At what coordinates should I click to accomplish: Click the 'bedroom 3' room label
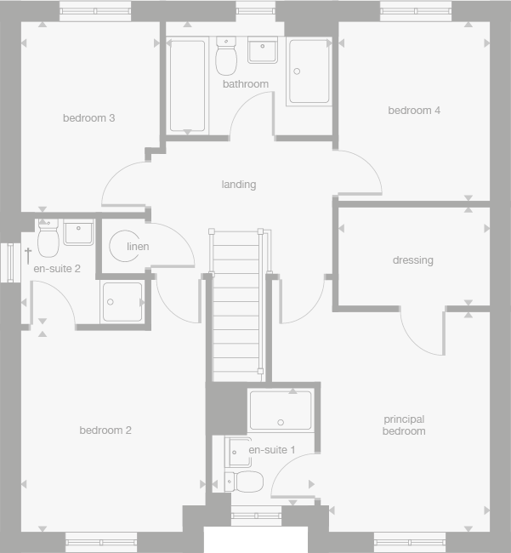point(88,118)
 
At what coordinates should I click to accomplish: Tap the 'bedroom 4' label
point(414,111)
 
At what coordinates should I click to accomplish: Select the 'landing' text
point(238,185)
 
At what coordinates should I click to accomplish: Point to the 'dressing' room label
point(412,260)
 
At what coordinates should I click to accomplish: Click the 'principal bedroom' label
point(404,425)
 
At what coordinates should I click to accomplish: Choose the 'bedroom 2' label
point(105,430)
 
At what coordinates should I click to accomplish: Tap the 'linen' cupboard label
point(138,247)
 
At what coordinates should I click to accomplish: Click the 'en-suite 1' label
point(272,449)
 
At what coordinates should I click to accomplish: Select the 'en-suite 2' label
point(57,269)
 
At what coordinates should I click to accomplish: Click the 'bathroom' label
point(246,84)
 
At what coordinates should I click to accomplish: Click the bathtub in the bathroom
point(187,85)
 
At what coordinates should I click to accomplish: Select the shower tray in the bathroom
point(309,71)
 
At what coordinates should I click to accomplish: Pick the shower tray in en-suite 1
point(281,410)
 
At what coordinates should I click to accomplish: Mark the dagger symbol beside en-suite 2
point(28,254)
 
